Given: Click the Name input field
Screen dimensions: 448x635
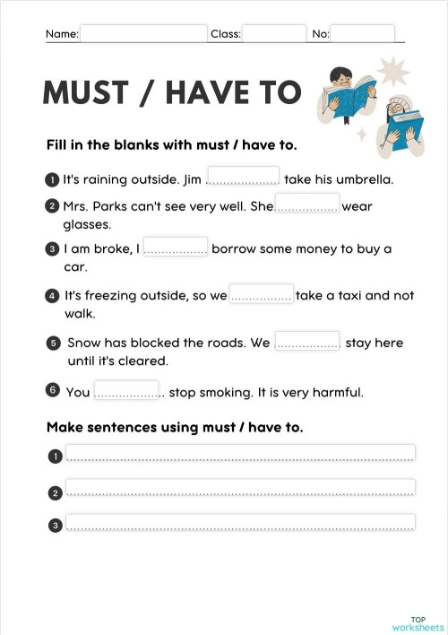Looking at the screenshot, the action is click(143, 33).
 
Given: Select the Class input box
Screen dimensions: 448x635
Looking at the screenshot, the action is click(274, 33).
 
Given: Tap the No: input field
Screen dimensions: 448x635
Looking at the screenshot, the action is click(362, 33).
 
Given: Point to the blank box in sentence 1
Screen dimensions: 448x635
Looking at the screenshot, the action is click(243, 178).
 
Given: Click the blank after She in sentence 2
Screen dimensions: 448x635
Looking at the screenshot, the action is click(306, 204).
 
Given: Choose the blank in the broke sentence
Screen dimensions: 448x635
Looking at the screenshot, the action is click(176, 248).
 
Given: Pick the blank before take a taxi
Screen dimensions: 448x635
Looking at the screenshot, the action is click(261, 294).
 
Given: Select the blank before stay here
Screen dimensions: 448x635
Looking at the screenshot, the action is click(306, 342).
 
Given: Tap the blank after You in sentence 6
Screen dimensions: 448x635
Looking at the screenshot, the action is click(126, 391).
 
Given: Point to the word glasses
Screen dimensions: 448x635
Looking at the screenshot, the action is click(87, 224).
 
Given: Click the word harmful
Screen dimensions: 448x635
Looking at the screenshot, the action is click(337, 392).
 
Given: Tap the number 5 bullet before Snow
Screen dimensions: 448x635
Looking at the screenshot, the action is click(53, 343).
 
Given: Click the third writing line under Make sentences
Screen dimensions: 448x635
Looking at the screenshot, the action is click(240, 522).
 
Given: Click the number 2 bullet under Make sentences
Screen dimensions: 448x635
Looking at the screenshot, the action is click(55, 492).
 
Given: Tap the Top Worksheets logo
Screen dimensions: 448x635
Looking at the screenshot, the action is click(417, 622).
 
